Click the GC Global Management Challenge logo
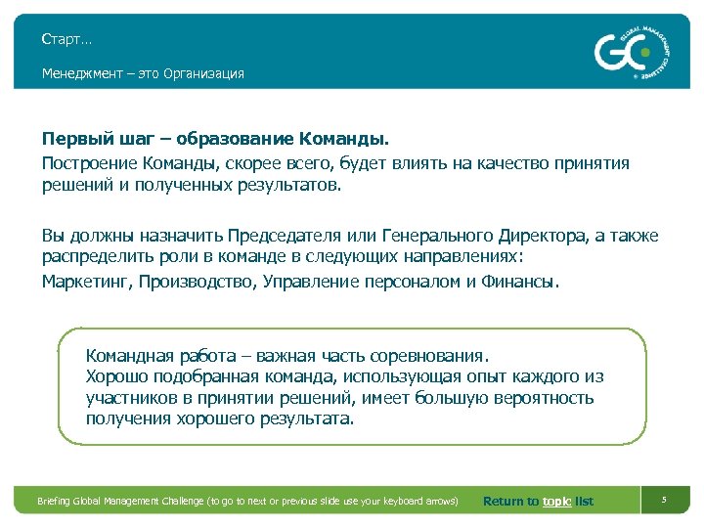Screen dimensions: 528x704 (x=635, y=51)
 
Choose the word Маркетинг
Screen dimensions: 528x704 (x=87, y=282)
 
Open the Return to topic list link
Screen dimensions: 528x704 (x=538, y=502)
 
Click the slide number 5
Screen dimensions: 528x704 (x=664, y=501)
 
